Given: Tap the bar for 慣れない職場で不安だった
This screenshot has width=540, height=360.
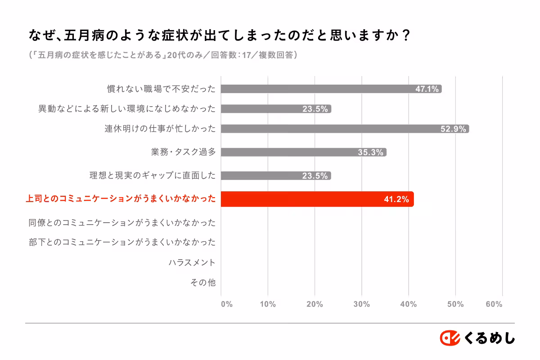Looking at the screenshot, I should (331, 89).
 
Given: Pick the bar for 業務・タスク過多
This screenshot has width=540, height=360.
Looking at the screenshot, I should (304, 152).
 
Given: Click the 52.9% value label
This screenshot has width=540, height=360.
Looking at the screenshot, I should (453, 129).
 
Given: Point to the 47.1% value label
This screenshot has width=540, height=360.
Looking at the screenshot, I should (427, 89).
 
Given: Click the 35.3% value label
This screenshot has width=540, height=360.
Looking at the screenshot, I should (370, 153).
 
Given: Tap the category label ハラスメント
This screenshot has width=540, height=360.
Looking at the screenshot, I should (192, 262).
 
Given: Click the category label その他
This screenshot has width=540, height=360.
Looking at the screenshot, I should (203, 283).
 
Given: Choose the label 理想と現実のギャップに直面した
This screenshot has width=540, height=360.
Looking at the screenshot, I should (153, 175).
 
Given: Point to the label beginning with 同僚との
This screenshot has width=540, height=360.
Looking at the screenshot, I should (122, 222).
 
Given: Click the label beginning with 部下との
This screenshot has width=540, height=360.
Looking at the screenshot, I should (122, 242).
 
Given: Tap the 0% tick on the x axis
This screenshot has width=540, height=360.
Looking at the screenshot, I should (226, 304).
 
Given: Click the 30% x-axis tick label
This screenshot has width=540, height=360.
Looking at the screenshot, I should (361, 304).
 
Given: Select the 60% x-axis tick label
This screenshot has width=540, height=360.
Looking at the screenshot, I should (494, 304).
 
